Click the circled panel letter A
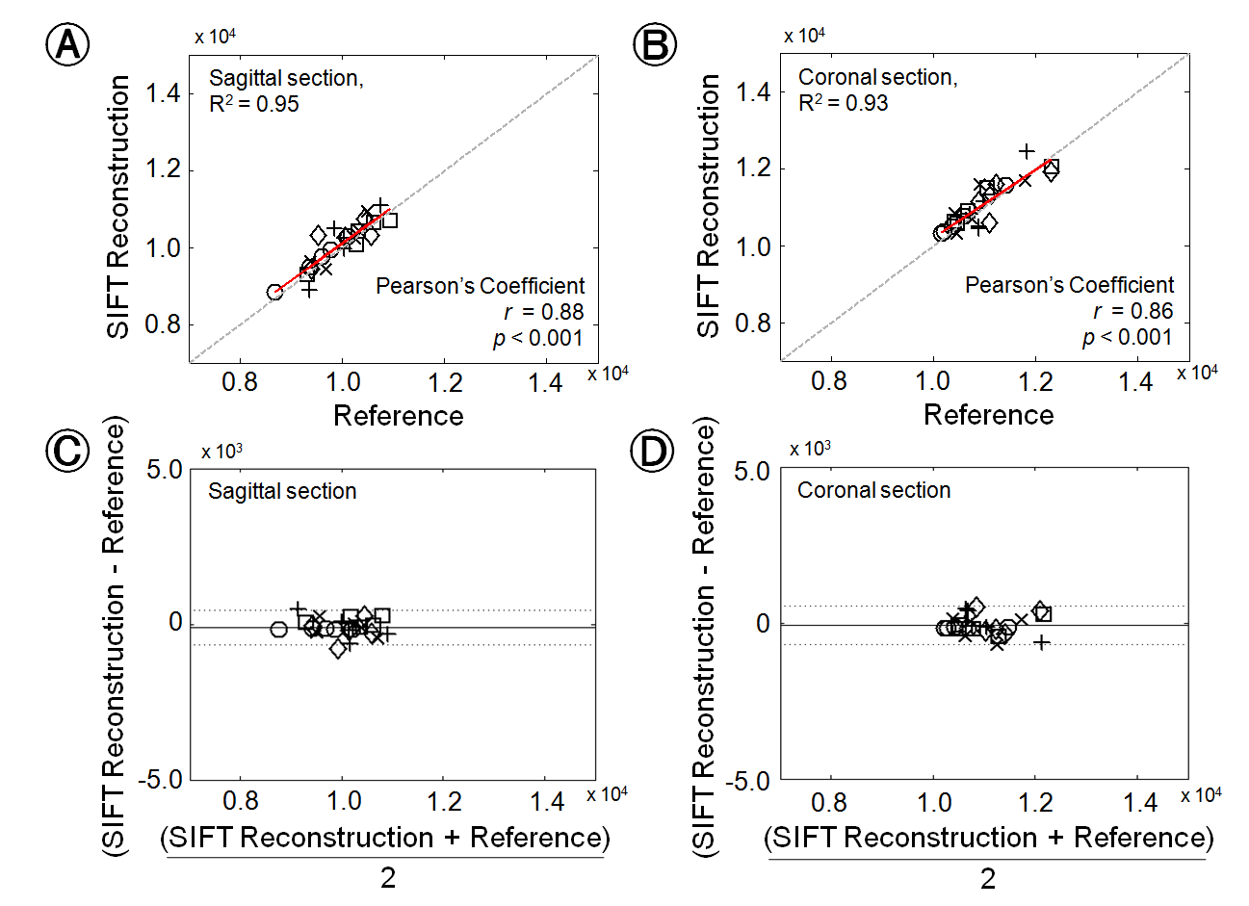click(x=67, y=44)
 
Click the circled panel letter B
click(x=655, y=44)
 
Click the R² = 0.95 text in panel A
click(x=254, y=104)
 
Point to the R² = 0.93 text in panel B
click(x=844, y=103)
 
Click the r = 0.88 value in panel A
click(x=544, y=312)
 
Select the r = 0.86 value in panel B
click(x=1133, y=311)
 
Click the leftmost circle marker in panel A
click(x=275, y=292)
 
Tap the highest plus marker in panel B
click(x=1028, y=151)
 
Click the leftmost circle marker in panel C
click(x=279, y=630)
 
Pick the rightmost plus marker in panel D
click(x=1041, y=641)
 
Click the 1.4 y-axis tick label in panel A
click(x=163, y=93)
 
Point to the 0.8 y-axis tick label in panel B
click(x=753, y=324)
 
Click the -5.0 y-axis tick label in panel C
click(x=160, y=779)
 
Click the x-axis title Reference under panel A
click(x=398, y=415)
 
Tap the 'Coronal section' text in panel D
click(x=873, y=490)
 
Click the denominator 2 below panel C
click(x=387, y=878)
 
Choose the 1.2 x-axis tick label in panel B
click(x=1035, y=381)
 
